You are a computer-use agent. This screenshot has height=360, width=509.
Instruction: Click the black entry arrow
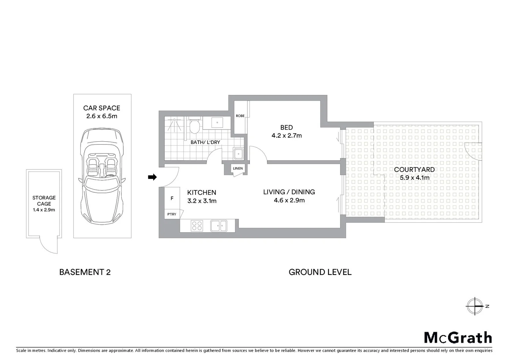pos(152,177)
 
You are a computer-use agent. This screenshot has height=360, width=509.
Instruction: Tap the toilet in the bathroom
pos(194,126)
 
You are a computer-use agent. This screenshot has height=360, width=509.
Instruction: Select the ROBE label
pos(240,116)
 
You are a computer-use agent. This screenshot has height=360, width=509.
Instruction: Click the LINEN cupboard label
pos(238,168)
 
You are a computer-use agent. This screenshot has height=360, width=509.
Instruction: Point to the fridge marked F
pos(172,198)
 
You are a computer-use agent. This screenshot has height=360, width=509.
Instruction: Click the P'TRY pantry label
pos(172,214)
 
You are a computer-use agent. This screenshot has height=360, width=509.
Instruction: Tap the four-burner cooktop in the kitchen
pos(197,226)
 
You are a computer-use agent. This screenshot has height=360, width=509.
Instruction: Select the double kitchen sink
pos(219,226)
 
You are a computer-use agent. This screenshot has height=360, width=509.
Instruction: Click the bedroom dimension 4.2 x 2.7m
pos(286,136)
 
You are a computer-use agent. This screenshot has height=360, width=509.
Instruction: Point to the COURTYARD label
pos(414,170)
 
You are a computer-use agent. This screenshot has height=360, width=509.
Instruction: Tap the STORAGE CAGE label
pos(44,201)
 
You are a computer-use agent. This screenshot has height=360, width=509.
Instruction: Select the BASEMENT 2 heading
pos(85,272)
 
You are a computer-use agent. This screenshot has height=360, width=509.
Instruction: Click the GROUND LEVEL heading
pos(320,272)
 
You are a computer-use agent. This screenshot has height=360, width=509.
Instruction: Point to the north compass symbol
pos(475,306)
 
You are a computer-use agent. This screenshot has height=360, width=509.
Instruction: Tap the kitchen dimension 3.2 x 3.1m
pos(202,201)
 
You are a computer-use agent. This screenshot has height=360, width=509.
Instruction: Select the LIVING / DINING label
pos(289,192)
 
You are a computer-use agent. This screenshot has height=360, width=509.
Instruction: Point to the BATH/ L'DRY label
pos(205,142)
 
